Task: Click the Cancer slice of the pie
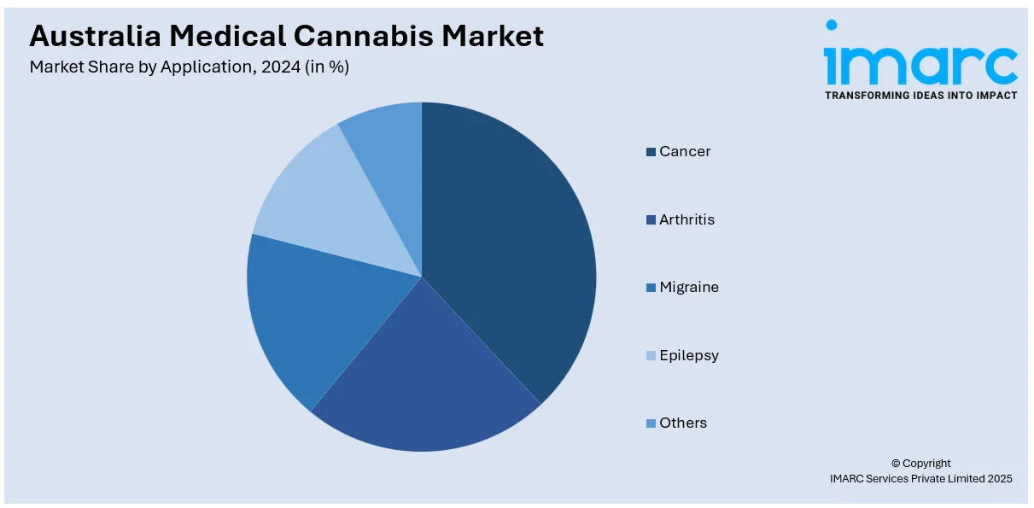click(512, 248)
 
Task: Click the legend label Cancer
click(685, 152)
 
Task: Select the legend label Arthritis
click(686, 219)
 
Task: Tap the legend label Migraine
click(689, 288)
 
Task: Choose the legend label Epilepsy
click(689, 355)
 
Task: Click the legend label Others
click(683, 423)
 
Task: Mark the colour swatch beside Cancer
click(651, 152)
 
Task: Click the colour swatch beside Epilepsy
click(651, 356)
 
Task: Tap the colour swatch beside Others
click(651, 423)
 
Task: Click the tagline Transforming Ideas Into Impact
click(920, 96)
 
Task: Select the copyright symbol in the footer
click(895, 464)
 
